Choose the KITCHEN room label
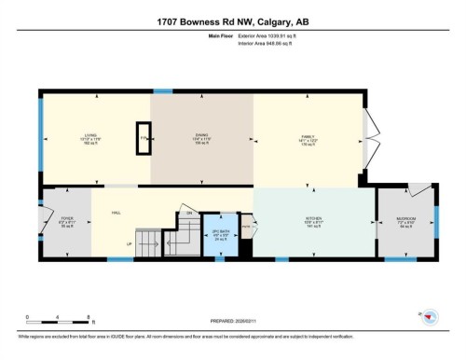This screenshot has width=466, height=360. click(314, 222)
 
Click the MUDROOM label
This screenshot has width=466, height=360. click(406, 222)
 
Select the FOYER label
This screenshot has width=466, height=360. click(66, 222)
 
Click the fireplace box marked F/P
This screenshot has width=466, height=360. click(144, 137)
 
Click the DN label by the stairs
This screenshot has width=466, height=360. click(189, 214)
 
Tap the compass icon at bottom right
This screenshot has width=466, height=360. click(428, 318)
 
